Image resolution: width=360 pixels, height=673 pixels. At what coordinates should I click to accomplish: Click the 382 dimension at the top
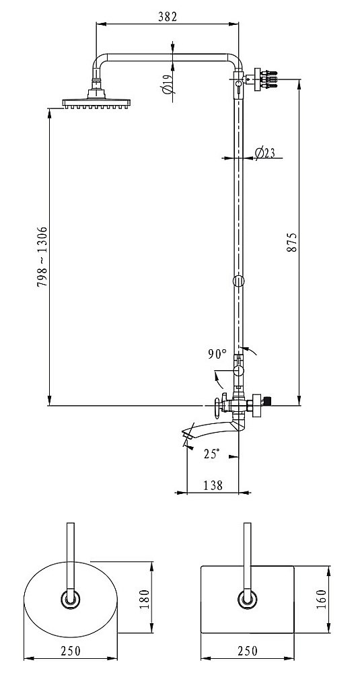(x=168, y=17)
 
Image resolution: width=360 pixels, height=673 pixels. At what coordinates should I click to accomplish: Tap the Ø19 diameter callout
(x=168, y=83)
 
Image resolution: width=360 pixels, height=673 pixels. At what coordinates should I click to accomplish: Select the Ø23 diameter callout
(x=264, y=153)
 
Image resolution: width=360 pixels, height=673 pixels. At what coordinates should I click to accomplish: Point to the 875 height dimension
(x=292, y=242)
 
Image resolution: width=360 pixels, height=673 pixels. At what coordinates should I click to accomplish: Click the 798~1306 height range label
(x=42, y=256)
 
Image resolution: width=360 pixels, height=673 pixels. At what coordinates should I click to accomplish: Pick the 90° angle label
(x=217, y=354)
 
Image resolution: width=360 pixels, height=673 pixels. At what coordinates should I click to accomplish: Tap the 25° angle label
(x=211, y=454)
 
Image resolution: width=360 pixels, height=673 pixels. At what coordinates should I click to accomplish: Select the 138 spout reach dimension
(x=213, y=485)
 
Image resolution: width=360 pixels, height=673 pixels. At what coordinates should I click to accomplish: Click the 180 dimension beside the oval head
(x=144, y=599)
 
